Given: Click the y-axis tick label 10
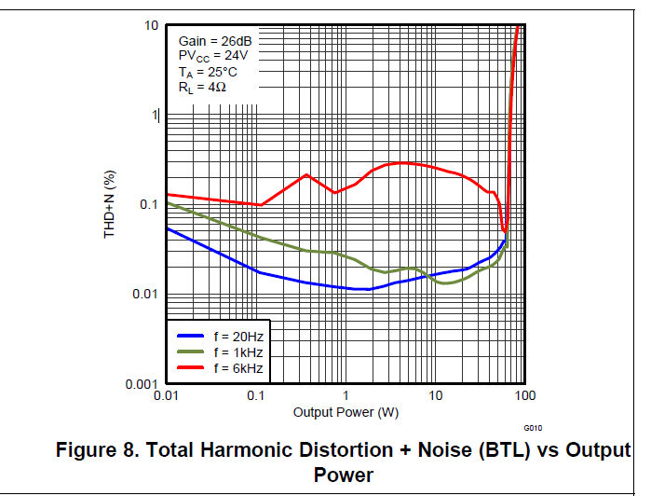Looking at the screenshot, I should coord(151,24).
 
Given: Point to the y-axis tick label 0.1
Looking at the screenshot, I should coord(148,205).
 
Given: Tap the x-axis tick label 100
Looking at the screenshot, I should coord(524,397).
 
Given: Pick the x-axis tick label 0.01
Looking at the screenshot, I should coord(166,397).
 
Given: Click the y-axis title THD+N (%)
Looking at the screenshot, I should coord(109,204).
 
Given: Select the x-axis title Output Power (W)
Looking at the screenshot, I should coord(346,412).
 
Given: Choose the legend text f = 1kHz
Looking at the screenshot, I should coord(238,352).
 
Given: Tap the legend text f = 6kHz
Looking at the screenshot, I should coord(238,369).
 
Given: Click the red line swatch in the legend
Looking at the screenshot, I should coord(190,369).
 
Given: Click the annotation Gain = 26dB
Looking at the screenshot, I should coord(214,42).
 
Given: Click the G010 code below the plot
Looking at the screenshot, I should coord(532,428).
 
